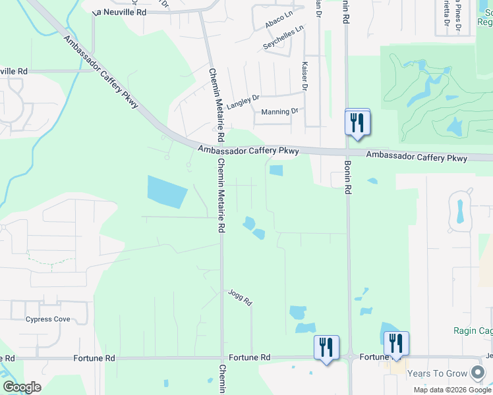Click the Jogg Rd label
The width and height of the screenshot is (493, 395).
coord(241,298)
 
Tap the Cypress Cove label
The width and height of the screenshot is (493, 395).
coord(47,319)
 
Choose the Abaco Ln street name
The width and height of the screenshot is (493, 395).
coord(278,20)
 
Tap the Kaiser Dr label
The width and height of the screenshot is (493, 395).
coord(304,76)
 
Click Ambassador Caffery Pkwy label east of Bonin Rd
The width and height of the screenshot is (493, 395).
coord(417,157)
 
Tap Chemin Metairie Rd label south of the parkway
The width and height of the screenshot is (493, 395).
coord(221,196)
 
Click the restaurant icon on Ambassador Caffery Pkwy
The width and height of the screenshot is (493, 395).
coord(357,122)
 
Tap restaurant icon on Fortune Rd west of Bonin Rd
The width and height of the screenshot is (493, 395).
coord(327,347)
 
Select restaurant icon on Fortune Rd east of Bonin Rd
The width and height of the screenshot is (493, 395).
coord(396,344)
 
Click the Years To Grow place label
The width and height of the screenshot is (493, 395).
coord(437,373)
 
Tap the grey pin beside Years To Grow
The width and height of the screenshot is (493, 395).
coord(478,373)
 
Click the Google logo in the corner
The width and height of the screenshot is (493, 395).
coord(22,387)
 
